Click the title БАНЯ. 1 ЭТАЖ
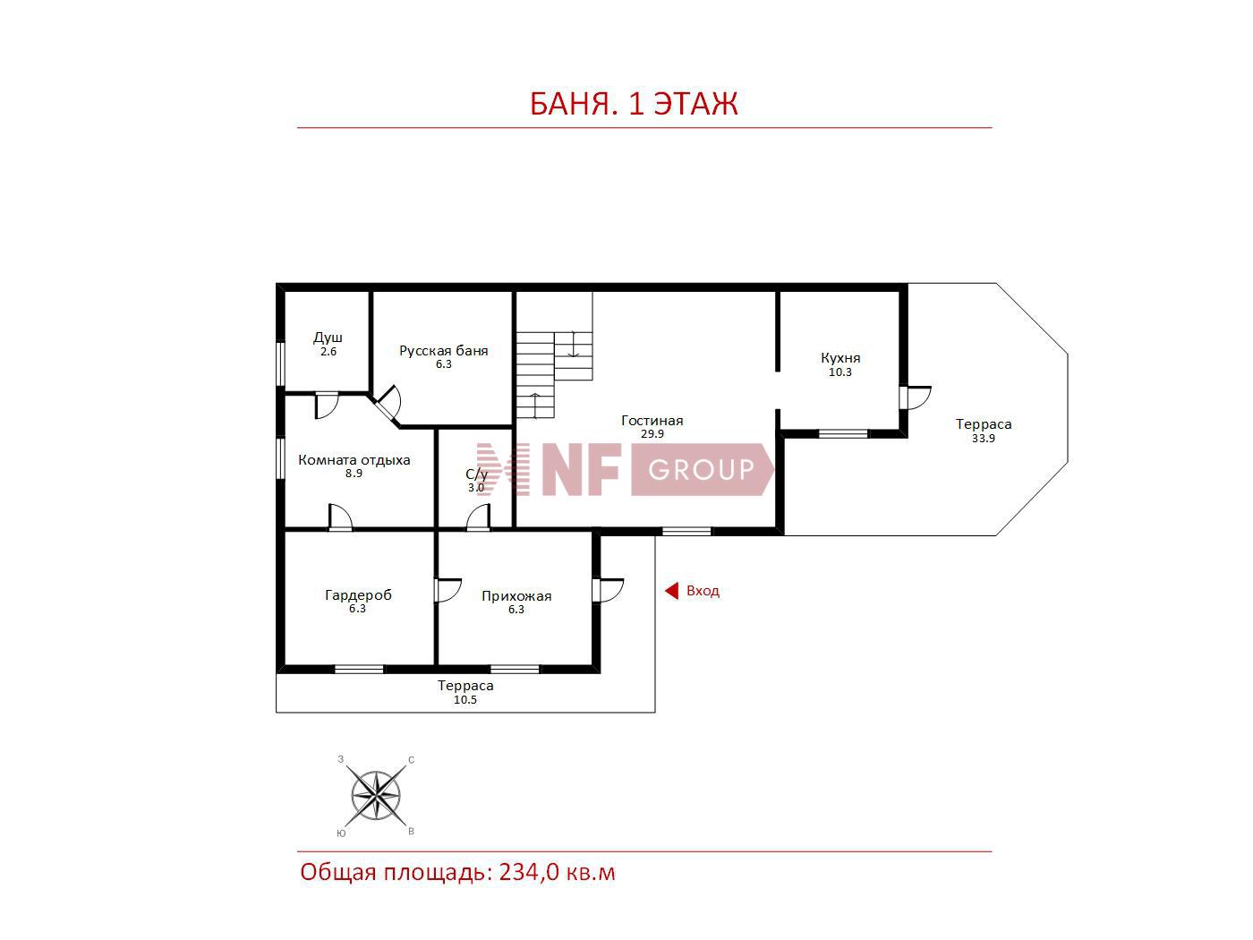click(x=634, y=104)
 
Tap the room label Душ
click(x=328, y=338)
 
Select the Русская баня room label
click(x=444, y=350)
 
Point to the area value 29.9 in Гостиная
click(x=652, y=434)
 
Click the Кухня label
click(x=840, y=358)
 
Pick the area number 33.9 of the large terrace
click(x=984, y=439)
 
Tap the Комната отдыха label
click(x=354, y=460)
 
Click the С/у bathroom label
click(x=477, y=474)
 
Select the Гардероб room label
click(x=359, y=595)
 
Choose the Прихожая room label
click(x=516, y=596)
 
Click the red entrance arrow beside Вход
click(x=671, y=591)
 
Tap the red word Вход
click(x=703, y=591)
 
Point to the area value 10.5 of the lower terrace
click(x=465, y=700)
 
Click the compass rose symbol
click(x=376, y=795)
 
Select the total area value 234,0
click(x=529, y=872)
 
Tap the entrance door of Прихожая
click(x=608, y=590)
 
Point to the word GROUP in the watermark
click(x=701, y=469)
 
